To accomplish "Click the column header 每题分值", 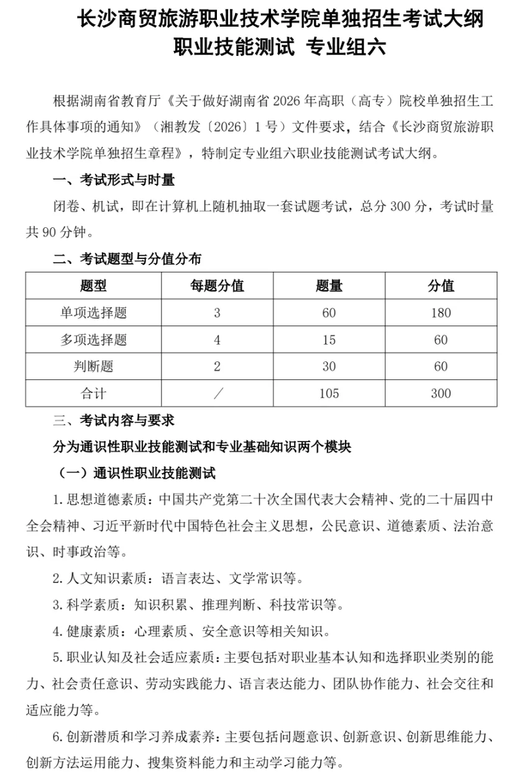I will click(217, 286).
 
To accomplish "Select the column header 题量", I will click(329, 286).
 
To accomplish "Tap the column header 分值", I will click(441, 286).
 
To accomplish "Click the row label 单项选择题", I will click(93, 313).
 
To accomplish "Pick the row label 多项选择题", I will click(93, 340).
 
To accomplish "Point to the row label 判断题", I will click(93, 366).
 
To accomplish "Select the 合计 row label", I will click(93, 393).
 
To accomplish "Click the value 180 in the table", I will click(441, 313).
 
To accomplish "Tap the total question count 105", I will click(329, 393).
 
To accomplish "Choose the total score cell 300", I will click(441, 393).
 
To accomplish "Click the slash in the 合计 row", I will click(217, 393).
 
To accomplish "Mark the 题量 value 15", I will click(329, 340).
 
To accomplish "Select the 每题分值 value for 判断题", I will click(217, 366).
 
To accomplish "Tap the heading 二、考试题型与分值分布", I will click(127, 258).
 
